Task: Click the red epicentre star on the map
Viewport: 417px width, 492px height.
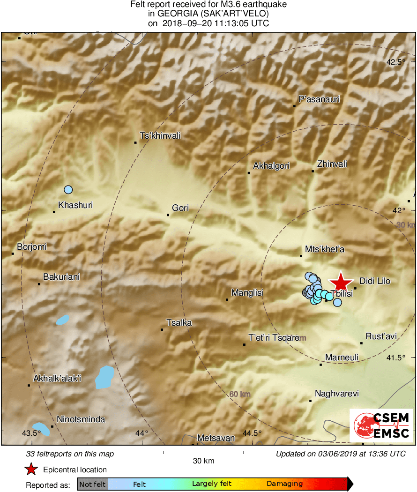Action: pos(341,283)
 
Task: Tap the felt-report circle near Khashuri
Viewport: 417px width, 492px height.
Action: pos(68,190)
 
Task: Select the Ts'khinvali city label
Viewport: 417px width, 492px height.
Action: pos(161,136)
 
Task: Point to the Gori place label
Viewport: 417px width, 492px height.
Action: pos(180,208)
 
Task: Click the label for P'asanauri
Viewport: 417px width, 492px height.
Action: pos(319,99)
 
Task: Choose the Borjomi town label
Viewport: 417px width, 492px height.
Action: pos(32,246)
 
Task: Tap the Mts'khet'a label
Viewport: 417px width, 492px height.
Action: pos(325,249)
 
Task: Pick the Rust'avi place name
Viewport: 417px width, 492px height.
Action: pos(381,336)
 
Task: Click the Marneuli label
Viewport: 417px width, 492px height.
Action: pos(342,358)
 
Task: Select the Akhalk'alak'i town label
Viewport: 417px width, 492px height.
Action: pos(57,379)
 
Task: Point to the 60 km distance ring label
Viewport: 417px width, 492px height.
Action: pos(240,394)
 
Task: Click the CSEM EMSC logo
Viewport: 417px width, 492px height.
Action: pos(381,425)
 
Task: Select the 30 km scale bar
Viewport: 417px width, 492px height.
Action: pos(203,452)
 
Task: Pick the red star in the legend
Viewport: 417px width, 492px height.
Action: pos(31,470)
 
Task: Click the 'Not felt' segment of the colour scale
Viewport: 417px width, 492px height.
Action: pos(92,484)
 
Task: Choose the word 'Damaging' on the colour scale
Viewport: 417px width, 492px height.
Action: pos(285,484)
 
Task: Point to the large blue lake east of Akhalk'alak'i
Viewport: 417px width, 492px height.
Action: pos(104,377)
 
